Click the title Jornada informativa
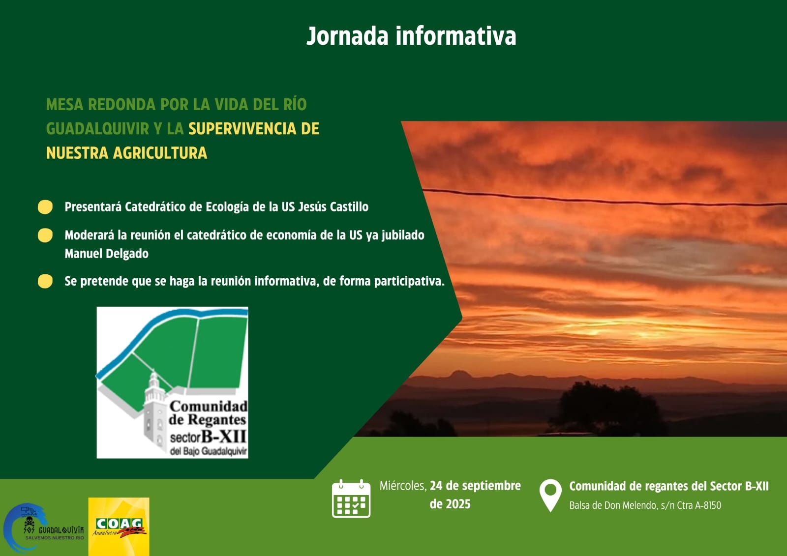pos(411,36)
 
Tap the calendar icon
pos(351,498)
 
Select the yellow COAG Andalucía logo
pos(119,527)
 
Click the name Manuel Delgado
pos(106,254)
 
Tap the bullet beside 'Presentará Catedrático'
pos(45,207)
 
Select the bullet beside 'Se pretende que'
pos(45,281)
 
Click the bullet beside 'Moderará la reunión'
pos(45,235)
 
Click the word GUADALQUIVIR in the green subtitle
pos(97,129)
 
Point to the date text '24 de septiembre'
pos(475,486)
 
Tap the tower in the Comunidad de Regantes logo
pos(154,408)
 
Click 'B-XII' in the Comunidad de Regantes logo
pos(224,436)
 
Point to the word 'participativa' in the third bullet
pos(409,281)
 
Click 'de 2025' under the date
pos(450,504)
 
